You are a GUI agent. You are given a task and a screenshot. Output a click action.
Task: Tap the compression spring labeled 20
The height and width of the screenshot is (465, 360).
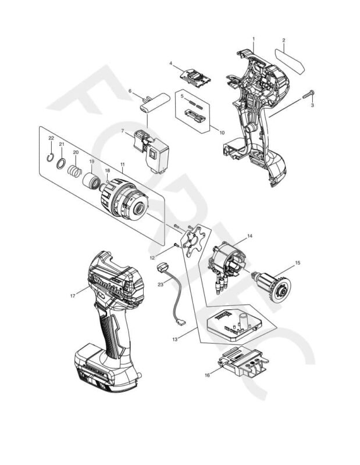pyautogui.click(x=74, y=172)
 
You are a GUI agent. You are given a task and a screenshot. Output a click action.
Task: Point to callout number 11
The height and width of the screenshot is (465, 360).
pyautogui.click(x=123, y=166)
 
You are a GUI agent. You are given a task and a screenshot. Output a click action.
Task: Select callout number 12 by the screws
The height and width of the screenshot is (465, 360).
pyautogui.click(x=152, y=257)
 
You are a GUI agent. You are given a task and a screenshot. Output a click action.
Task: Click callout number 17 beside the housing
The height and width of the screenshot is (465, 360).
pyautogui.click(x=72, y=296)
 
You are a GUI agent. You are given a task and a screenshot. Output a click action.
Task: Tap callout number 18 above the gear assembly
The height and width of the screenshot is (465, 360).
pyautogui.click(x=107, y=170)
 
